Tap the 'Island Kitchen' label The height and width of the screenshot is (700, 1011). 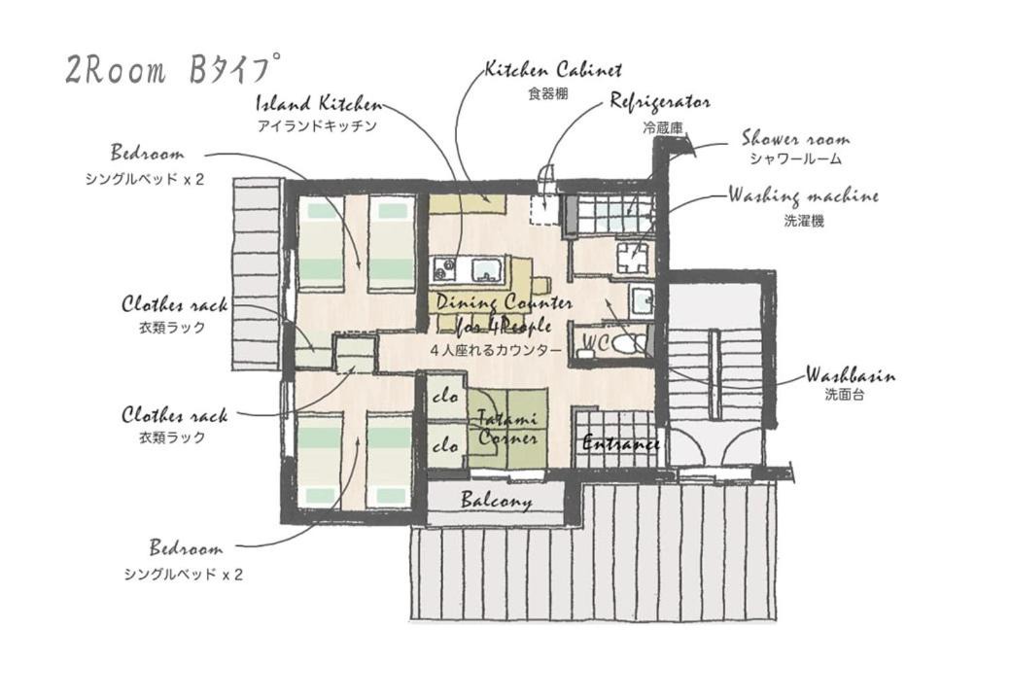[319, 104]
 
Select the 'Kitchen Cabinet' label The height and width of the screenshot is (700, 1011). [553, 70]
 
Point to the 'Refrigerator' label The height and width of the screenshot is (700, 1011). [660, 102]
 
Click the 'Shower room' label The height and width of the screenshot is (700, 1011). [795, 139]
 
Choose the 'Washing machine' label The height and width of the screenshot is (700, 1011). [803, 195]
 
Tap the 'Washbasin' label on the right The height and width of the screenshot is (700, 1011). [850, 374]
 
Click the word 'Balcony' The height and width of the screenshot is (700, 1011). [497, 501]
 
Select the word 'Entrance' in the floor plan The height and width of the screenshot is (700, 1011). [620, 443]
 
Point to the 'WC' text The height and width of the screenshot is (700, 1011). [596, 342]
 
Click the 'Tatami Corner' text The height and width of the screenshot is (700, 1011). [508, 428]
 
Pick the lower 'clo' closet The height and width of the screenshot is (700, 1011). [445, 444]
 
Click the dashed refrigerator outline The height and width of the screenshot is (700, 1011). [544, 207]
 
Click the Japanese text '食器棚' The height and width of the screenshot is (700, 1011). [548, 94]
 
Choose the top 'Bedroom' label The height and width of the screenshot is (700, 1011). [147, 154]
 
